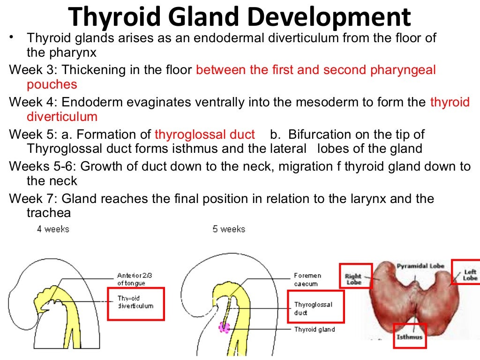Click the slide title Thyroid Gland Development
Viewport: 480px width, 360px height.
click(240, 17)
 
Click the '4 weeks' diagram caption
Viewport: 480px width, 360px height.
click(53, 229)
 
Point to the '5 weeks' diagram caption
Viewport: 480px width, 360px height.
click(229, 229)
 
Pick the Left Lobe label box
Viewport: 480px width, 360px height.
click(467, 272)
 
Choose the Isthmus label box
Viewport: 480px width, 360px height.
click(409, 335)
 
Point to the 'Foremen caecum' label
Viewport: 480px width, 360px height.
click(306, 280)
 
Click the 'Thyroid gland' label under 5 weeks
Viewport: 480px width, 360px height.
click(314, 330)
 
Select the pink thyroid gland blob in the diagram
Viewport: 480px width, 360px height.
click(224, 327)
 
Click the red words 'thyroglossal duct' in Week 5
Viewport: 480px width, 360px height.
click(204, 135)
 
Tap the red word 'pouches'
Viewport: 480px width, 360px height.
click(52, 85)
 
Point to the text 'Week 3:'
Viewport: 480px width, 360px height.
click(33, 71)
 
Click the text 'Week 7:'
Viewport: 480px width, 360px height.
click(33, 199)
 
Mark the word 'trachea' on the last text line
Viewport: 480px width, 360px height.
click(49, 213)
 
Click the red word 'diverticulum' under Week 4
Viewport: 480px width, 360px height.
click(62, 117)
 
